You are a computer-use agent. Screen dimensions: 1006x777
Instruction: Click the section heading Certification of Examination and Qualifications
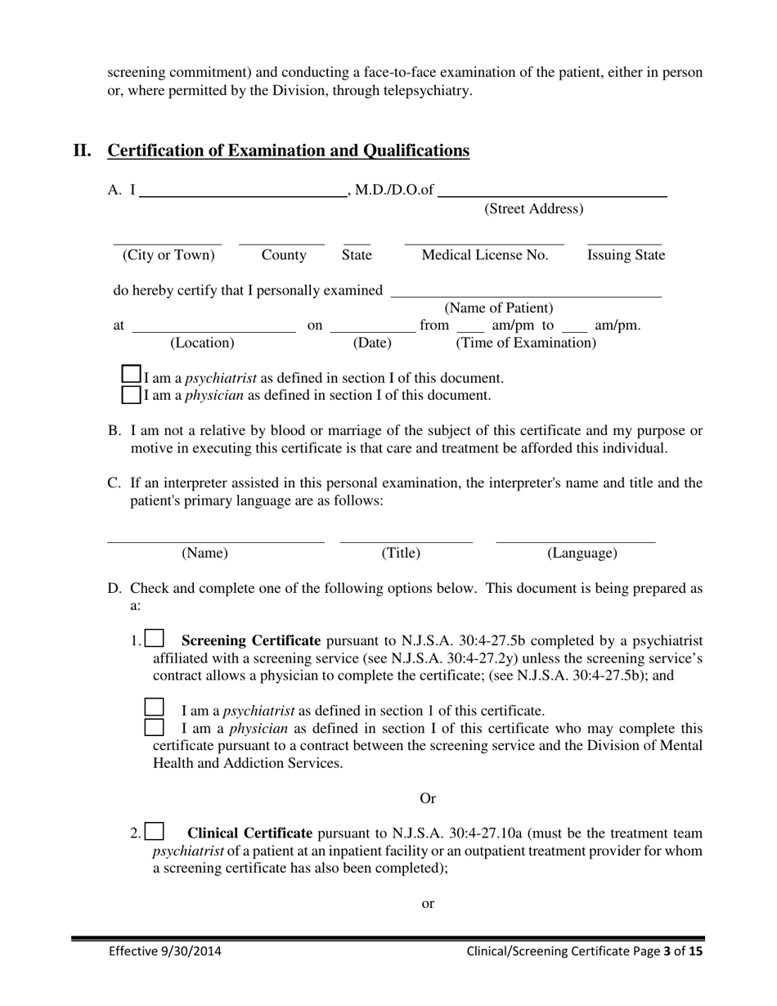[289, 150]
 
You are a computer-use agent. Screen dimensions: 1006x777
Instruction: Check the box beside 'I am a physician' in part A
[131, 394]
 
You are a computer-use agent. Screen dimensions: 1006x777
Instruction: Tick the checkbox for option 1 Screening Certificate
[155, 639]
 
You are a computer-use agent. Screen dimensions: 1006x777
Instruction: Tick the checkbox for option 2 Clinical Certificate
[155, 832]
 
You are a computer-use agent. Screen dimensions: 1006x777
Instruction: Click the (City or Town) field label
[168, 255]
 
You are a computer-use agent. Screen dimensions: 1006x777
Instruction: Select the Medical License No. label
[484, 255]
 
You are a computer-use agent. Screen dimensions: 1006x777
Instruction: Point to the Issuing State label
[626, 255]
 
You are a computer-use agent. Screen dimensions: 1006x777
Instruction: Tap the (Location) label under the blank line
[202, 343]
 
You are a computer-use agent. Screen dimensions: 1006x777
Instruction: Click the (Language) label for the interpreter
[582, 554]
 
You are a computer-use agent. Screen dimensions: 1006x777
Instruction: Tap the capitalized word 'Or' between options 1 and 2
[428, 798]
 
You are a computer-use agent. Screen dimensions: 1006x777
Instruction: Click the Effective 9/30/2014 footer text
[165, 951]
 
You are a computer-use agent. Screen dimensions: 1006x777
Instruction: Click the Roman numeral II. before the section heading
[82, 150]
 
